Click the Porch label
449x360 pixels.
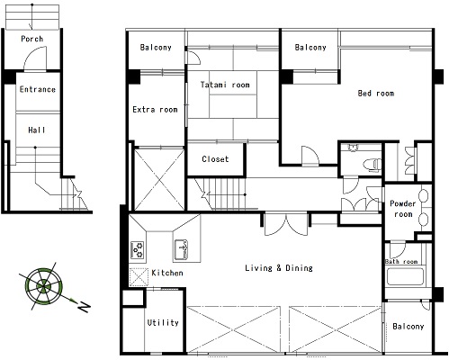[32, 39]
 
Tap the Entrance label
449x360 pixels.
[38, 89]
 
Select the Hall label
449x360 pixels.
[37, 130]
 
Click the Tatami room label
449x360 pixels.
[225, 85]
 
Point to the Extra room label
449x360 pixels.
[155, 110]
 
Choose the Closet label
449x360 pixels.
[215, 159]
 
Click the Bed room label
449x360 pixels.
[376, 94]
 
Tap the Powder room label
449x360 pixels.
[403, 209]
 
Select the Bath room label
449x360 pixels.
[401, 262]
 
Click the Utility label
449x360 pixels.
[163, 322]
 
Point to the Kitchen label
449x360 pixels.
[167, 273]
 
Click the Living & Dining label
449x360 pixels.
[279, 268]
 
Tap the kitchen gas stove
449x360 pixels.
[138, 250]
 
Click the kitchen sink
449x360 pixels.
[181, 249]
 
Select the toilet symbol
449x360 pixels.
[373, 165]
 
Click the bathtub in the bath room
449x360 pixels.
[405, 276]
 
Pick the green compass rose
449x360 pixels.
[44, 286]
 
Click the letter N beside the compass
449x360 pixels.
[85, 307]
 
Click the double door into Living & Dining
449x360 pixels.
[286, 224]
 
